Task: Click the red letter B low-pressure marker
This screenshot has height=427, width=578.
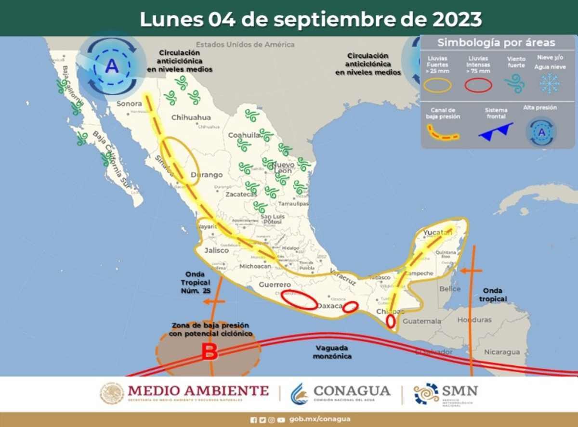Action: pyautogui.click(x=209, y=352)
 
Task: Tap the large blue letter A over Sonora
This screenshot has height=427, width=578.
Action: pyautogui.click(x=112, y=66)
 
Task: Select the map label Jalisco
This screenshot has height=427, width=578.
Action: pyautogui.click(x=216, y=250)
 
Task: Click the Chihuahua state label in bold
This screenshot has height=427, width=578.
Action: pyautogui.click(x=191, y=117)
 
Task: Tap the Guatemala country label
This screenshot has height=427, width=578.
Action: pyautogui.click(x=422, y=321)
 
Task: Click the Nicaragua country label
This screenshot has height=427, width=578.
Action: pyautogui.click(x=502, y=352)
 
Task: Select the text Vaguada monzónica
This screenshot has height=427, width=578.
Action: pyautogui.click(x=332, y=352)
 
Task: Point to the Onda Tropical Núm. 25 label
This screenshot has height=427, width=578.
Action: pyautogui.click(x=196, y=282)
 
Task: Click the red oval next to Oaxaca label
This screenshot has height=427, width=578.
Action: pyautogui.click(x=350, y=307)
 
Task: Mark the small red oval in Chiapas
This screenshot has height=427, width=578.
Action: pyautogui.click(x=391, y=321)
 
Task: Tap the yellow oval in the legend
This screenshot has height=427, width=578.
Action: pyautogui.click(x=438, y=85)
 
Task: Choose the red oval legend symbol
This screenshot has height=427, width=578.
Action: pyautogui.click(x=478, y=85)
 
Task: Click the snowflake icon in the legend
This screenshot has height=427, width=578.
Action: pyautogui.click(x=549, y=83)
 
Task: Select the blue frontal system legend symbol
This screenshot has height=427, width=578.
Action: pyautogui.click(x=496, y=131)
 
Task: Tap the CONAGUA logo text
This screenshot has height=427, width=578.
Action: pyautogui.click(x=352, y=390)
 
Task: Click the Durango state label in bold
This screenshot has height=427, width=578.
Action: pyautogui.click(x=207, y=175)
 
